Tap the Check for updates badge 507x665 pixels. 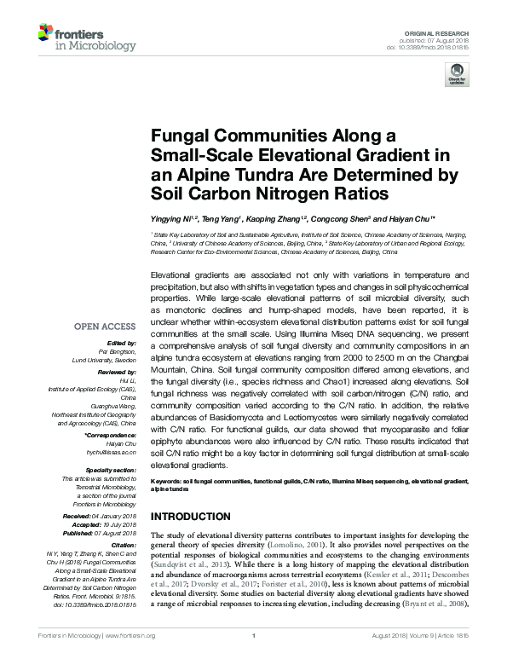[458, 74]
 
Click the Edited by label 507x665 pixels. [121, 342]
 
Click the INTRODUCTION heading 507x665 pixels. [192, 518]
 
